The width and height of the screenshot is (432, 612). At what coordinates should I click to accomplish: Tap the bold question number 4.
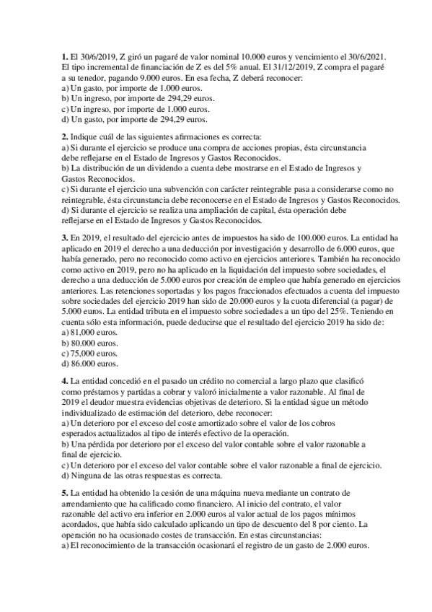65,380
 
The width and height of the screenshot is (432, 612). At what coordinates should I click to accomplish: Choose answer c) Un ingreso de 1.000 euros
110,108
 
